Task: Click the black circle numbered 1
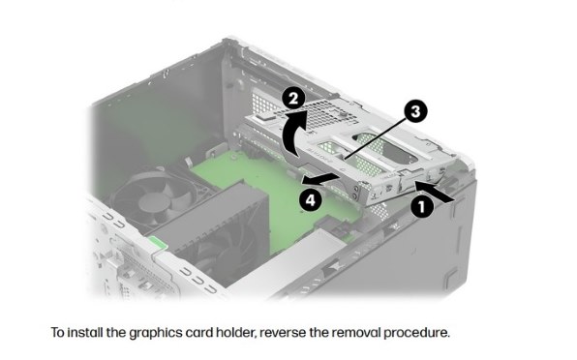point(422,206)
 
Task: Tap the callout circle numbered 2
point(293,99)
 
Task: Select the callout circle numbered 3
point(415,111)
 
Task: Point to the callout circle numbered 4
point(310,200)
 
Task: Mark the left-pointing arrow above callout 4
point(319,179)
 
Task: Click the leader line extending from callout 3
point(376,137)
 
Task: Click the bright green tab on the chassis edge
point(157,242)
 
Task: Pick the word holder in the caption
point(235,333)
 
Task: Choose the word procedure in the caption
point(416,333)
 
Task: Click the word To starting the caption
point(58,333)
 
